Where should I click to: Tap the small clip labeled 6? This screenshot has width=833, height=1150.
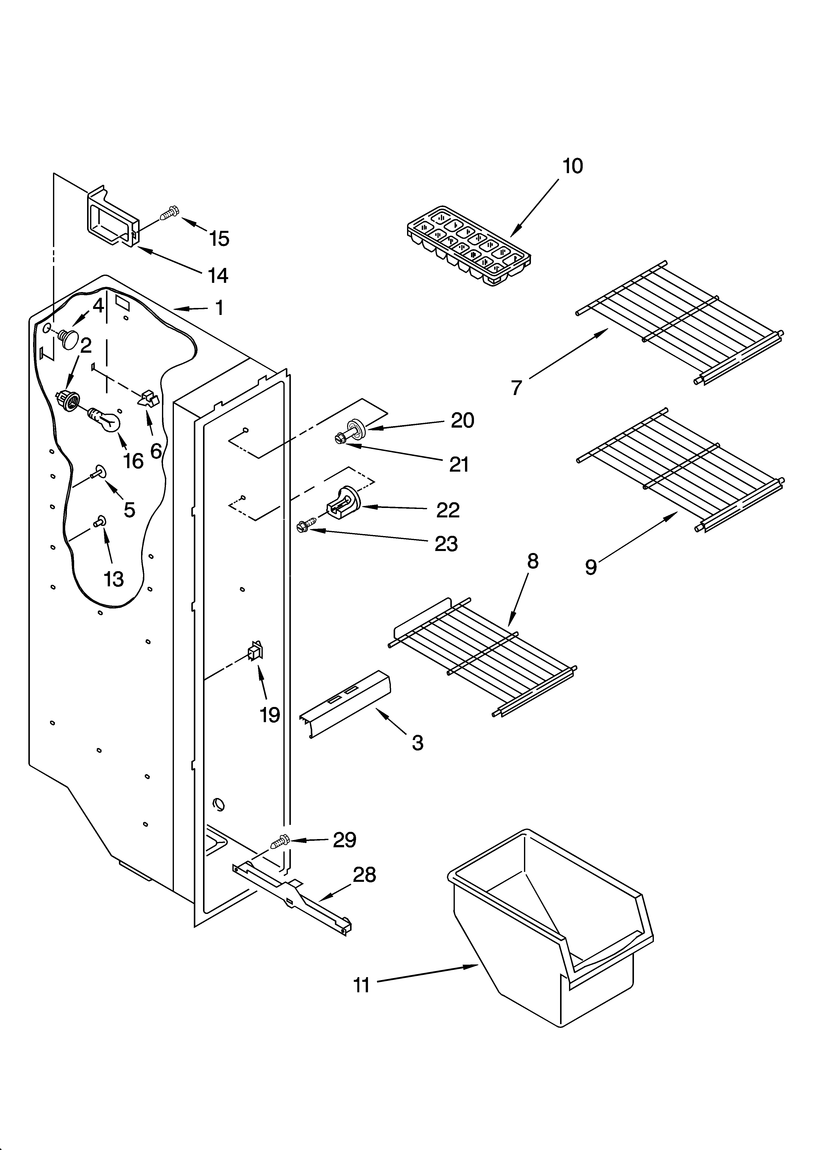click(148, 399)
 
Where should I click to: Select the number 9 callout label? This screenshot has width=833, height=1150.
click(590, 567)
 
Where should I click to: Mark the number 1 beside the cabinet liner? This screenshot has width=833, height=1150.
click(219, 307)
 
